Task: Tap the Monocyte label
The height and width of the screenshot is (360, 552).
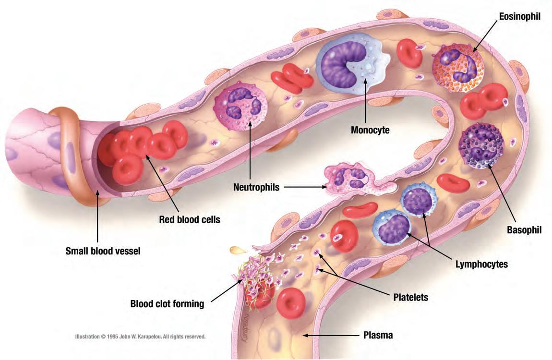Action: pyautogui.click(x=370, y=130)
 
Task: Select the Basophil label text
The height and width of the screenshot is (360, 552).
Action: pyautogui.click(x=524, y=230)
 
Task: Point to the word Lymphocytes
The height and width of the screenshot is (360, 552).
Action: pyautogui.click(x=481, y=264)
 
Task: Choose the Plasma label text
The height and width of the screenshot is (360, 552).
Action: pyautogui.click(x=378, y=336)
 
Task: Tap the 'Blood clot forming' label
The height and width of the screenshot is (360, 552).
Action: pyautogui.click(x=167, y=303)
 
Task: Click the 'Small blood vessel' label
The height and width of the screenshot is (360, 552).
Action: pyautogui.click(x=103, y=251)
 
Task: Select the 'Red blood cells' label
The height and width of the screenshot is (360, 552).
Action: pyautogui.click(x=190, y=220)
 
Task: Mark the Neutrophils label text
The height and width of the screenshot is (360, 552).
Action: pyautogui.click(x=256, y=187)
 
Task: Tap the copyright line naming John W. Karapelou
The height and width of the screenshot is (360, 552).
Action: pyautogui.click(x=140, y=336)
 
